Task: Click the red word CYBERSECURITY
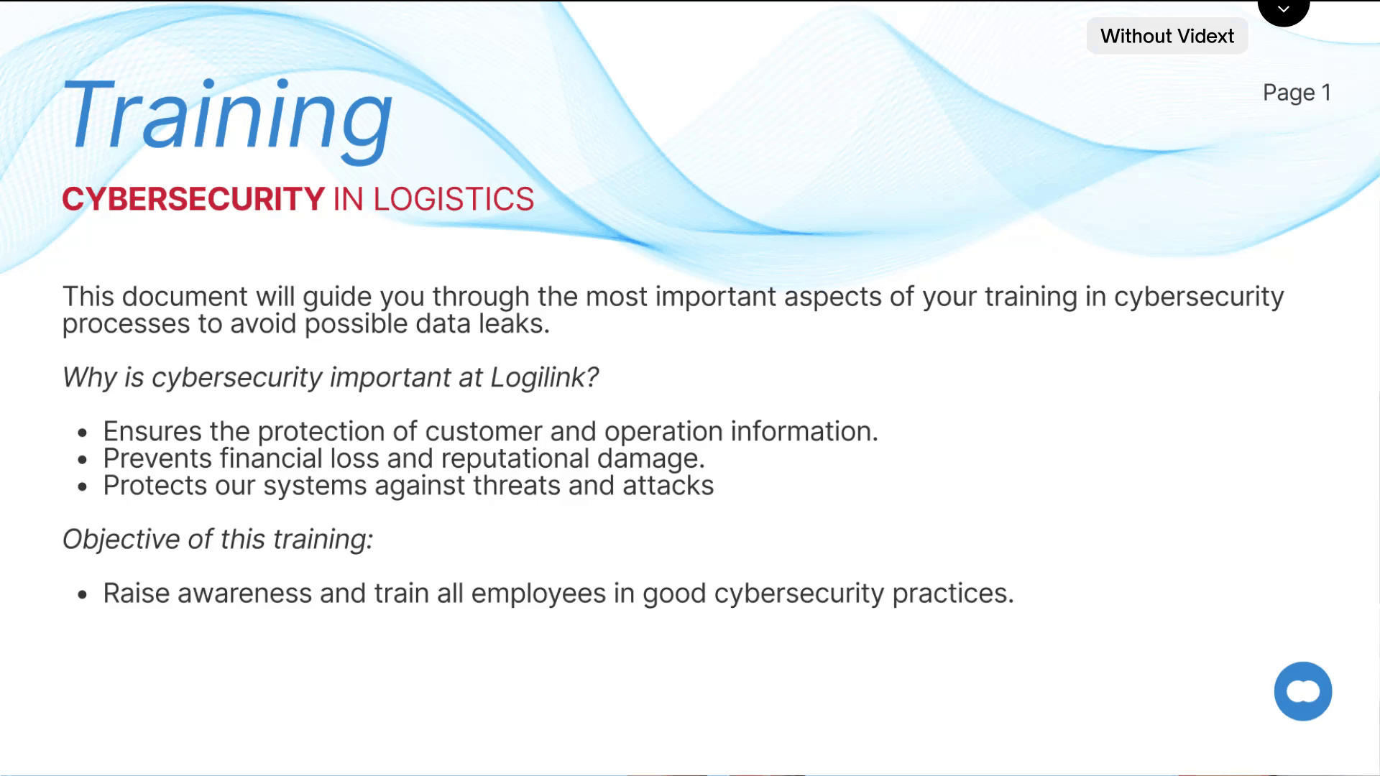click(x=193, y=199)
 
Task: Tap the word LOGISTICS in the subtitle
click(x=454, y=199)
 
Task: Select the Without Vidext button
click(x=1167, y=36)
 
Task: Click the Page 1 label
click(x=1297, y=93)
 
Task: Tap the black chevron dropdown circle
click(x=1284, y=11)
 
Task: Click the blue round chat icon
click(x=1303, y=691)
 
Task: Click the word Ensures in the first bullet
click(x=152, y=431)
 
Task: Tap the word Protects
click(x=155, y=486)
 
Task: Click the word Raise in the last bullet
click(x=137, y=593)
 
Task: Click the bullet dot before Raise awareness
click(x=83, y=595)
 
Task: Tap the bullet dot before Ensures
click(x=83, y=433)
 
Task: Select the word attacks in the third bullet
click(x=668, y=486)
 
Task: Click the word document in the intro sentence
click(x=185, y=297)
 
